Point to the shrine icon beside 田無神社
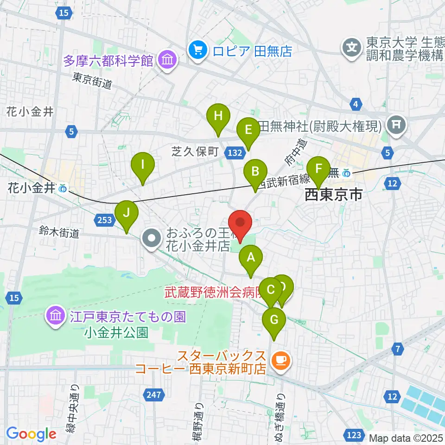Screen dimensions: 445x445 [397, 123]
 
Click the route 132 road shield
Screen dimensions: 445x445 [235, 152]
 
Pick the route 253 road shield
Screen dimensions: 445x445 [105, 219]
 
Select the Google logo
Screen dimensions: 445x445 [31, 434]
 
